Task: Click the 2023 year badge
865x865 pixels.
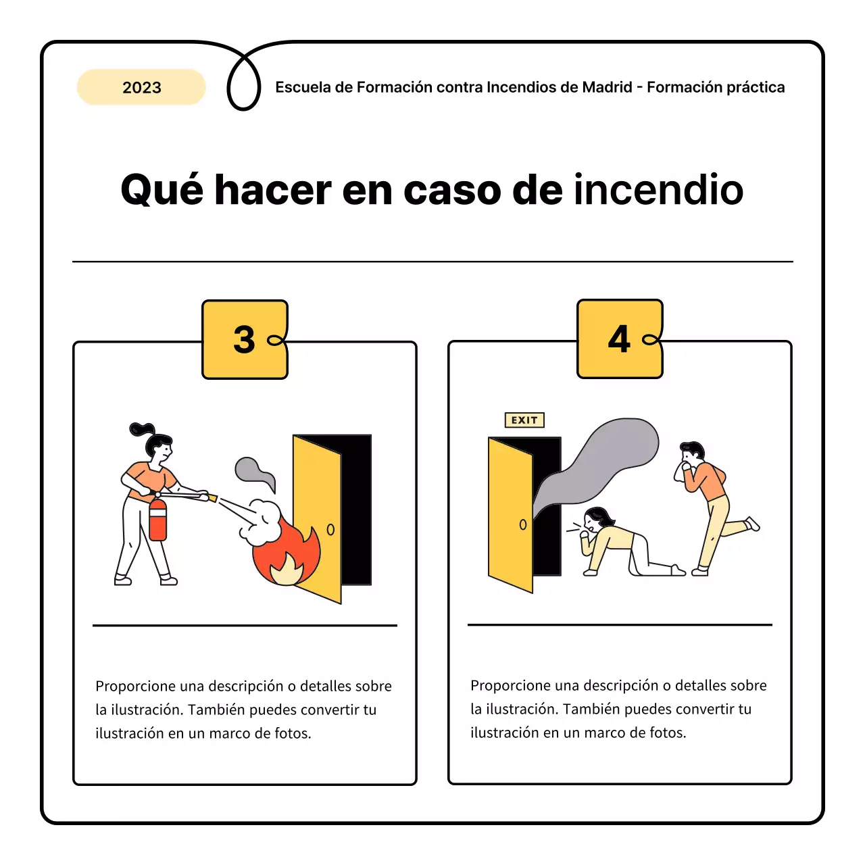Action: tap(141, 87)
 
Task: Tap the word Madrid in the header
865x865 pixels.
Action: tap(607, 87)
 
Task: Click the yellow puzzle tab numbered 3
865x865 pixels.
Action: tap(245, 339)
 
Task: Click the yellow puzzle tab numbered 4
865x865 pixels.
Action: tap(620, 339)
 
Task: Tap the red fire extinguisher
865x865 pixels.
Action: tap(157, 520)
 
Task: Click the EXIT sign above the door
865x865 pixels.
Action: tap(524, 420)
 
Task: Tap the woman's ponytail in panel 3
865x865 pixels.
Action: tap(141, 429)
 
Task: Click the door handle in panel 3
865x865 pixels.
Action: tap(330, 530)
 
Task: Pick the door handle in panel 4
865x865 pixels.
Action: tap(522, 524)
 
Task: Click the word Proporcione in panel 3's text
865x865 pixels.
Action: tap(132, 687)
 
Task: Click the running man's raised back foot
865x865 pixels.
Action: tap(753, 524)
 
